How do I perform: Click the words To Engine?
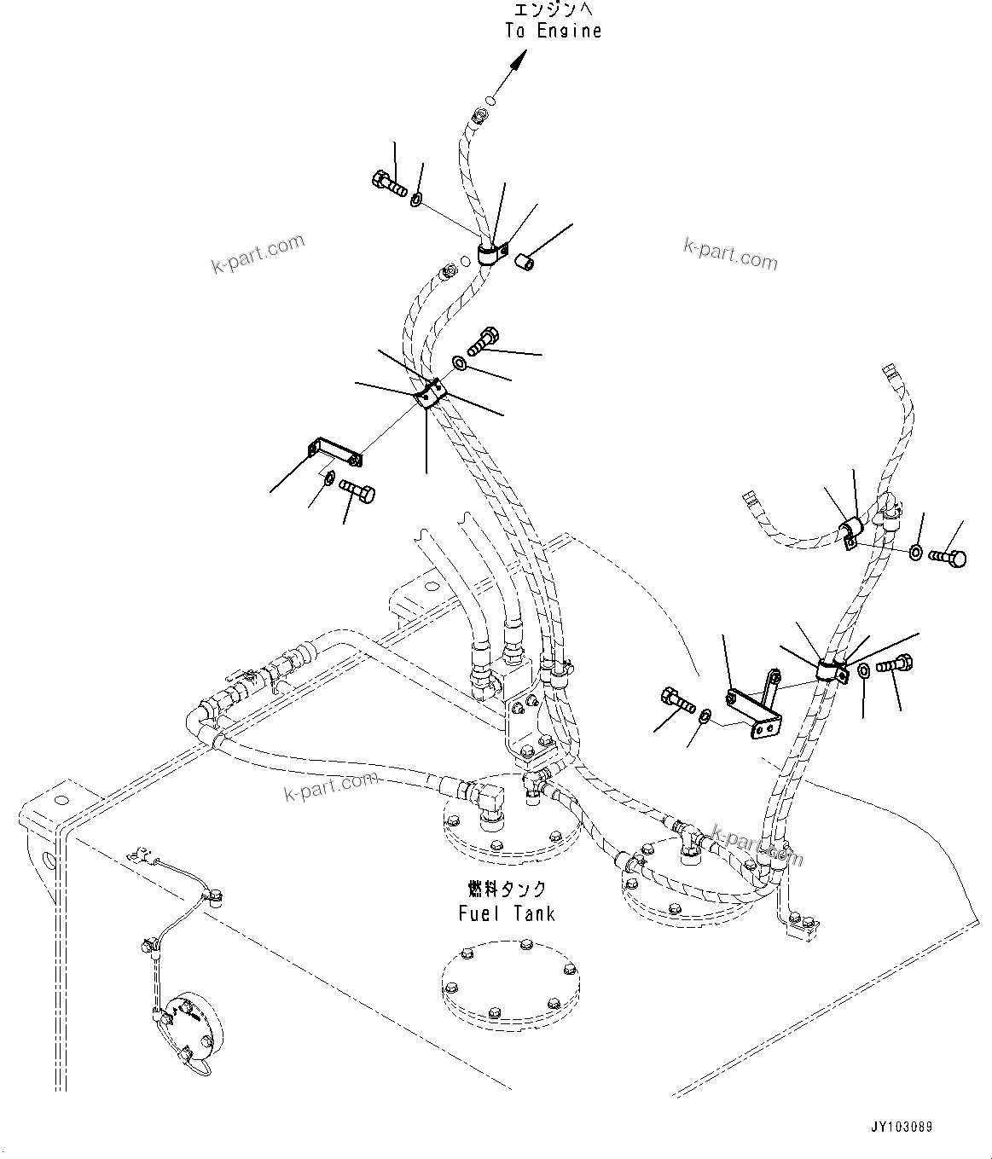coord(553,31)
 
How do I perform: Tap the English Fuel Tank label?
coord(506,913)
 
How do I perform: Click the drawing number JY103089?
coord(902,1127)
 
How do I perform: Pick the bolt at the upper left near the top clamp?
coord(390,183)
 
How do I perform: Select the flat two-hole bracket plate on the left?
coord(334,452)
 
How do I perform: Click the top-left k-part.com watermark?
coord(257,253)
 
